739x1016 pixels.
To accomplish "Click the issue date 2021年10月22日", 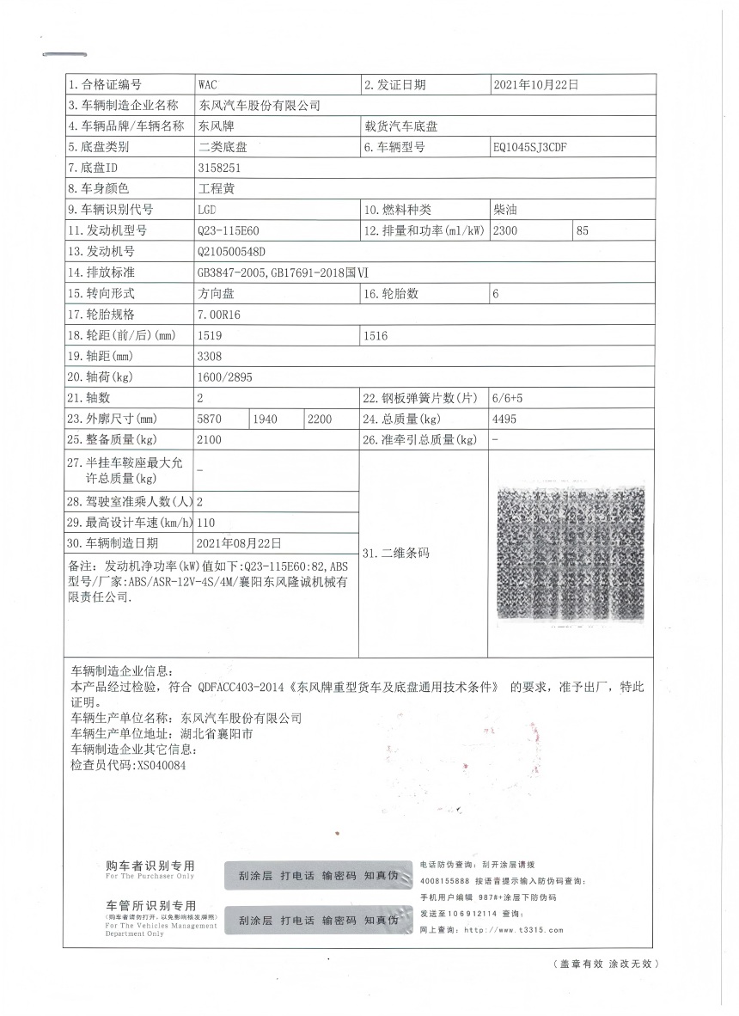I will (536, 85).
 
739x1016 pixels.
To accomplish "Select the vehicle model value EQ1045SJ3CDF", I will (530, 147).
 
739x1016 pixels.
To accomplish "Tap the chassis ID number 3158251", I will (219, 168).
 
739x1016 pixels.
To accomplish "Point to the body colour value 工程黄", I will (216, 188).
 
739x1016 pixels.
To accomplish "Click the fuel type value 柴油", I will (505, 210).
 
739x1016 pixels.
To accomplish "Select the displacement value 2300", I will (506, 230).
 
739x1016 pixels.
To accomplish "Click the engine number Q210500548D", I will (231, 252).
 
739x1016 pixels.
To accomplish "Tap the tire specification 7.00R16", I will (219, 315).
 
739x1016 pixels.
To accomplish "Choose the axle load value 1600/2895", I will (225, 377).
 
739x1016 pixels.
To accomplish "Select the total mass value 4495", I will (505, 419).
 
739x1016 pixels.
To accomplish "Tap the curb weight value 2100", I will (210, 440).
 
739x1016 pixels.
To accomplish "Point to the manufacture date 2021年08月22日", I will (239, 543).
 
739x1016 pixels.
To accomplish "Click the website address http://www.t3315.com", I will (513, 930).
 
